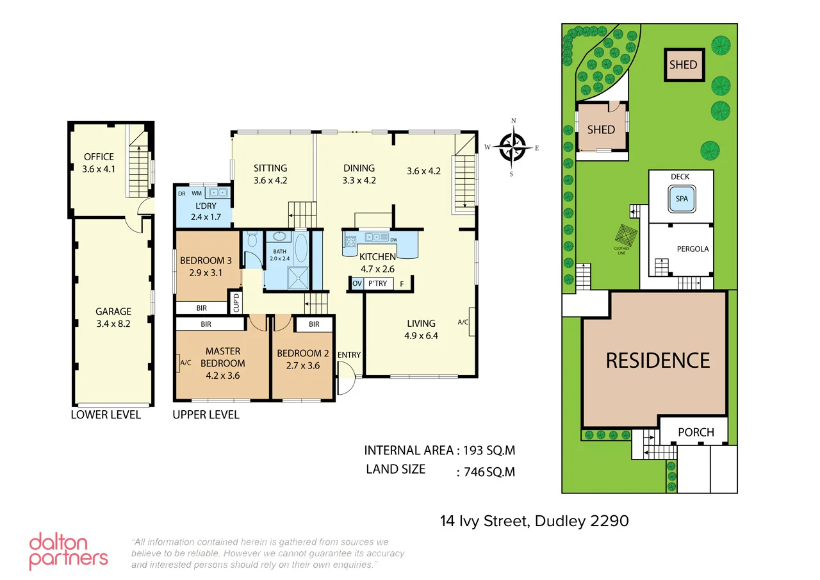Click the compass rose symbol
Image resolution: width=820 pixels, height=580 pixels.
(512, 147)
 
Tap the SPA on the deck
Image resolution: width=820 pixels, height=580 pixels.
(682, 199)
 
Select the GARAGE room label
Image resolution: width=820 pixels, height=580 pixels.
(113, 311)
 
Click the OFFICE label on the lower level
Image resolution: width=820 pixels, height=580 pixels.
(99, 156)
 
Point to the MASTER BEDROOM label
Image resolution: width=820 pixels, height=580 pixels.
(223, 357)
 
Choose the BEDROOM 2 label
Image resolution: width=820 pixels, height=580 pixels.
(302, 353)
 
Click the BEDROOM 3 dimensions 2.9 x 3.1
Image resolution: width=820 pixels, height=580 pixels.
(206, 273)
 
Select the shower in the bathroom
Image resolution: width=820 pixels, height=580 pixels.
(297, 278)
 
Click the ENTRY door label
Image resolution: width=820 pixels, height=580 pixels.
(349, 355)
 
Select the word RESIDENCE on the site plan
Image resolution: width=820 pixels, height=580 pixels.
(658, 360)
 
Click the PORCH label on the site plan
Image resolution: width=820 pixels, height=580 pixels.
(696, 432)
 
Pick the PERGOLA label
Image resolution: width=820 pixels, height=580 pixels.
(693, 249)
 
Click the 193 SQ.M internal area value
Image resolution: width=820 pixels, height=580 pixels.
(489, 451)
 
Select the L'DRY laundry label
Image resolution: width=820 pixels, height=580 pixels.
(206, 206)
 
